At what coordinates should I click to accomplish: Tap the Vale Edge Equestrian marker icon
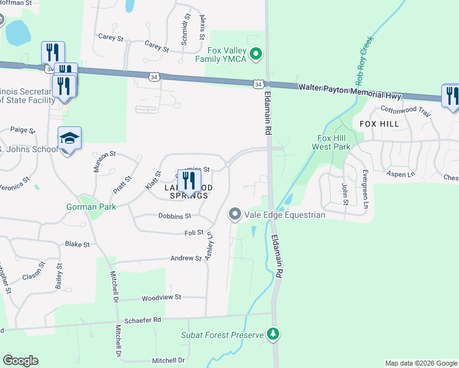(x=234, y=214)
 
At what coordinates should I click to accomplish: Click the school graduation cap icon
(x=69, y=139)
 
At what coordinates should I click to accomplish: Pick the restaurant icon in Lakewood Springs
(x=189, y=180)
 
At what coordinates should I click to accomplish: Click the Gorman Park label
(x=91, y=207)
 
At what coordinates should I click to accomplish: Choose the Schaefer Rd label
(x=142, y=320)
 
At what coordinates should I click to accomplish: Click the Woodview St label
(x=161, y=297)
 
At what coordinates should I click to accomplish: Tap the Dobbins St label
(x=175, y=216)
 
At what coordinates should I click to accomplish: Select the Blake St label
(x=77, y=244)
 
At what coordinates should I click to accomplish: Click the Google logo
(x=20, y=361)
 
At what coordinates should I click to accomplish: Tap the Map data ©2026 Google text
(x=420, y=363)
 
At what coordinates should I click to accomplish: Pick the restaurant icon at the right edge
(x=451, y=96)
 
